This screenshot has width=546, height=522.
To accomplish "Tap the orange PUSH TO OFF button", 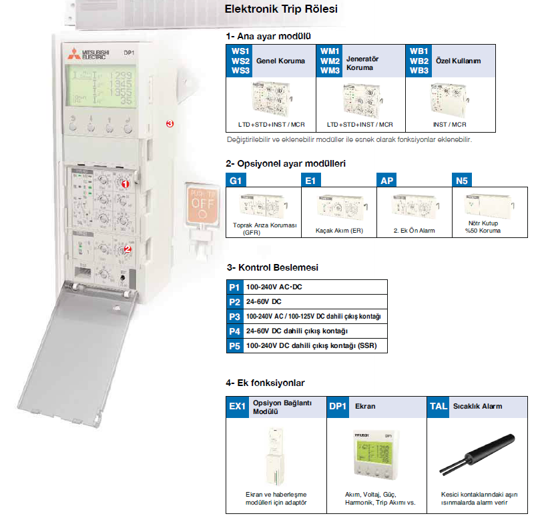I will [204, 203].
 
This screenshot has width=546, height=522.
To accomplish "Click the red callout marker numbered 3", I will [170, 123].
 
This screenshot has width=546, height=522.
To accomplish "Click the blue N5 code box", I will [461, 180].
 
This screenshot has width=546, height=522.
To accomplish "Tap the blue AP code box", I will [387, 180].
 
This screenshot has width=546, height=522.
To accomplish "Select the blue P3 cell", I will [234, 317].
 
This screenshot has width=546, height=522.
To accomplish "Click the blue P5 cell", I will [234, 347].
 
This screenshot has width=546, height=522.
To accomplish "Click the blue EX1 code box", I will [238, 406].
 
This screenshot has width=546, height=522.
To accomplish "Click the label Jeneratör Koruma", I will [362, 63].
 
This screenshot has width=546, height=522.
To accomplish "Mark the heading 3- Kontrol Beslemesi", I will [272, 267].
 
